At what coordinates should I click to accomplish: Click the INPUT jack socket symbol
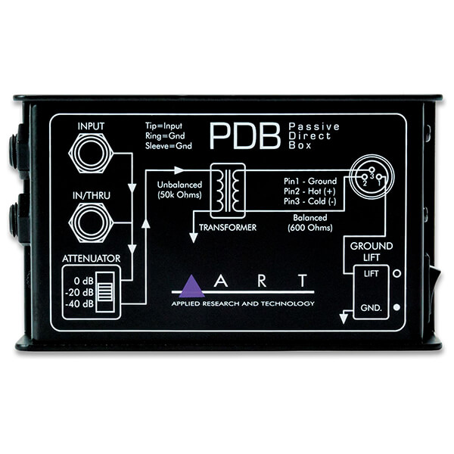point(91,153)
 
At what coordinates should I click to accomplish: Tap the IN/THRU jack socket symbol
point(91,222)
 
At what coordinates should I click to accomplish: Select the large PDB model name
point(245,135)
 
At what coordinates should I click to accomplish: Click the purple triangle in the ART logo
point(191,286)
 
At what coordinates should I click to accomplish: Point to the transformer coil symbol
point(228,191)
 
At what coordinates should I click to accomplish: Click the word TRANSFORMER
point(228,228)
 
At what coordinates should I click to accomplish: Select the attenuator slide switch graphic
point(105,292)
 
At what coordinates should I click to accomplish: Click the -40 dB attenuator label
point(79,304)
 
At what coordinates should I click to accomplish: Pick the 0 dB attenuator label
point(84,281)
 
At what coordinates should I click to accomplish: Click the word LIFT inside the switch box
point(371,274)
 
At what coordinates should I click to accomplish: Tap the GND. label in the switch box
point(372,308)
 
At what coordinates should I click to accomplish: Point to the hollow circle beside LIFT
point(397,274)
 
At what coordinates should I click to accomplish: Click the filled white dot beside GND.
point(397,307)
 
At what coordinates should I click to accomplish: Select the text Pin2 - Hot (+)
point(309,191)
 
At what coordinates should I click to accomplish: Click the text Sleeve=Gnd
point(169,146)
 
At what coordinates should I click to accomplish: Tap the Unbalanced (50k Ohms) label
point(179,190)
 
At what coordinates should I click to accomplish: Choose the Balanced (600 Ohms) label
point(310,222)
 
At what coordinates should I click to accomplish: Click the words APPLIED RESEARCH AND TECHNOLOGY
point(243,303)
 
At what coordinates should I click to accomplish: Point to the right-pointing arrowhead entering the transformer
point(179,170)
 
